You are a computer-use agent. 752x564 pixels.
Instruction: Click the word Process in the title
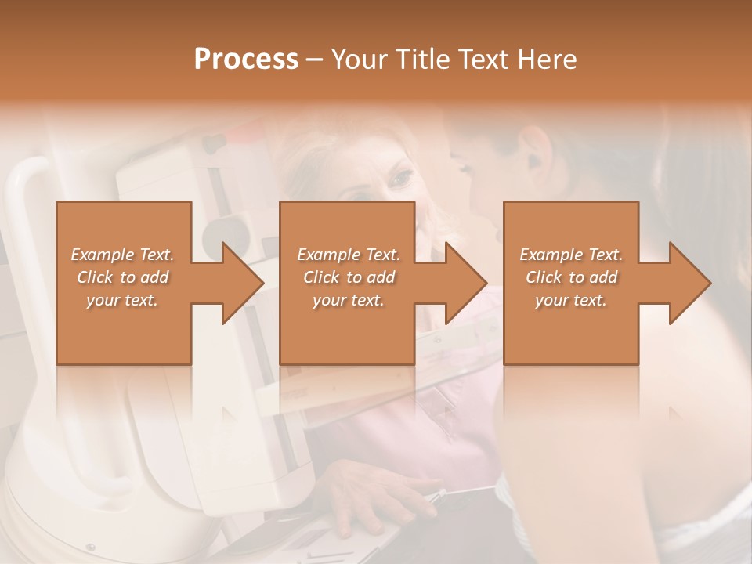pos(246,60)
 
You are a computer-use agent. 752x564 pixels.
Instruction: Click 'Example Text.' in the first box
pos(123,255)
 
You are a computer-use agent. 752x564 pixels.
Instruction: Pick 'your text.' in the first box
pos(123,300)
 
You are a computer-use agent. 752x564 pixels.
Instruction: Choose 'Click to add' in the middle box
pos(349,277)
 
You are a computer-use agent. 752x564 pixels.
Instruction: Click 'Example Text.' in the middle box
pos(349,255)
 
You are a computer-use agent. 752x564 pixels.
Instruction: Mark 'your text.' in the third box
pos(571,300)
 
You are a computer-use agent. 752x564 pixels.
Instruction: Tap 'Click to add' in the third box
pos(571,277)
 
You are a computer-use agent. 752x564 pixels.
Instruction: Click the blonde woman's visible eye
pos(400,180)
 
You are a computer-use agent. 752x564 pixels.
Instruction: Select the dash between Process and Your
pos(314,60)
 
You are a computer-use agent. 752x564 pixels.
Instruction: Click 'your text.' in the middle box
pos(349,300)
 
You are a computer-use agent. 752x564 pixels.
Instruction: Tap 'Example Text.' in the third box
pos(571,255)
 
